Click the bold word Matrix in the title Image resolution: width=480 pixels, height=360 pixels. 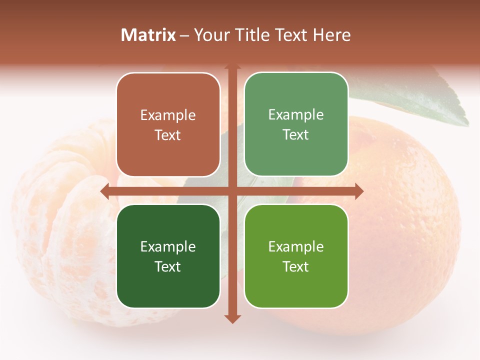[x=148, y=35]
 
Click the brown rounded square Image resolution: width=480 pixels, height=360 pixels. [x=168, y=125]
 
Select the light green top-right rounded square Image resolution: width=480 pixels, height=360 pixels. [x=296, y=124]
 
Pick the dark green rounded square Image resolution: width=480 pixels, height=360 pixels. [x=168, y=256]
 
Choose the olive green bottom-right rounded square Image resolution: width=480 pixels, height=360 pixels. [x=296, y=256]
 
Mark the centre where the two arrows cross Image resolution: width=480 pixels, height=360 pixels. [x=232, y=191]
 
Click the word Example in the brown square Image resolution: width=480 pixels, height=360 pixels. [x=168, y=115]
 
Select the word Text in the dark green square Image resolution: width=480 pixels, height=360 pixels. [x=168, y=266]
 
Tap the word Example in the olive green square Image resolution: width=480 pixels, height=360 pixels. [x=296, y=246]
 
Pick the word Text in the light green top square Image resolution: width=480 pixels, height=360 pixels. [x=296, y=135]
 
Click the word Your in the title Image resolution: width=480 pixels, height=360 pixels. [x=209, y=35]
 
